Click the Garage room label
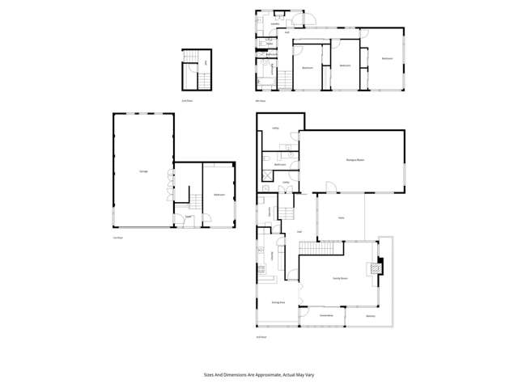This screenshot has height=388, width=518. [143, 171]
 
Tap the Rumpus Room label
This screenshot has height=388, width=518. [352, 161]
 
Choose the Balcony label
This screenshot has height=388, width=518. [370, 316]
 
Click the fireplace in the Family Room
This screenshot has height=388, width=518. [375, 268]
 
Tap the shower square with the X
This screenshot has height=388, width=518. [268, 173]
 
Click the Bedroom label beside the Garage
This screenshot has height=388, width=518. [219, 196]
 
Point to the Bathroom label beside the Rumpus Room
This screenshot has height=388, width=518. [280, 164]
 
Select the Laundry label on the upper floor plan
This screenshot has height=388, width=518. [274, 25]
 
